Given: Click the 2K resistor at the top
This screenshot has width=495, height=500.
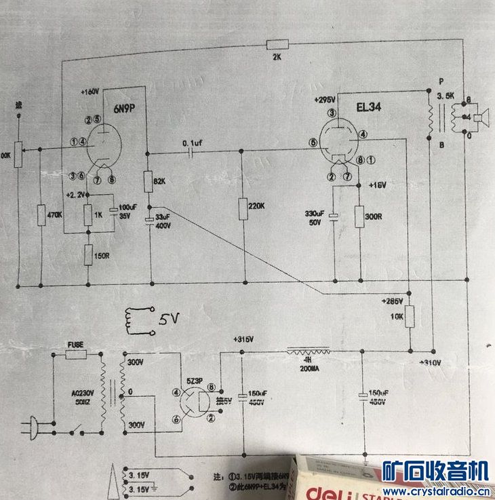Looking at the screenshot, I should [279, 45].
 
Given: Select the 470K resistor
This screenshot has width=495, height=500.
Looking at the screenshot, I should [41, 214].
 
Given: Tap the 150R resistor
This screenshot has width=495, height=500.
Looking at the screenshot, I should [87, 255].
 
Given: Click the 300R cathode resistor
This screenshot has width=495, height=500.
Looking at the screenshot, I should [359, 214].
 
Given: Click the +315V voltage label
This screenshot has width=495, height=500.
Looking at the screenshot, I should [241, 339].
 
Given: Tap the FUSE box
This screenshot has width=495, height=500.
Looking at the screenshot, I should [75, 354].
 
